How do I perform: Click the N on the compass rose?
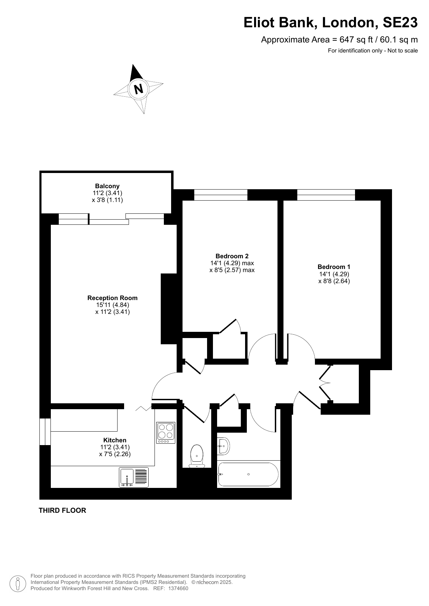[x=138, y=89]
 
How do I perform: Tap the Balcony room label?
[x=107, y=186]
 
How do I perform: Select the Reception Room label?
[x=112, y=298]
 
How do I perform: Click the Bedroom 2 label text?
[x=232, y=256]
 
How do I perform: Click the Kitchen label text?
[x=115, y=440]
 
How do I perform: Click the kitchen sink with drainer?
[x=134, y=477]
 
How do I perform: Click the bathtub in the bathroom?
[x=248, y=474]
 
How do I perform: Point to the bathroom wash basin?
[x=224, y=446]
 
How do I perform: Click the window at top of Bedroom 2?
[x=221, y=195]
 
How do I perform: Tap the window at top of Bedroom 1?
[x=326, y=195]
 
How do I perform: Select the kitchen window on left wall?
[x=45, y=432]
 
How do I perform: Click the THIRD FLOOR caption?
[x=62, y=510]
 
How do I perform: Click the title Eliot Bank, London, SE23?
[x=330, y=23]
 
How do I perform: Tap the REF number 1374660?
[x=178, y=588]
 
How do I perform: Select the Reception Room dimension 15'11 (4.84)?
[x=112, y=305]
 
